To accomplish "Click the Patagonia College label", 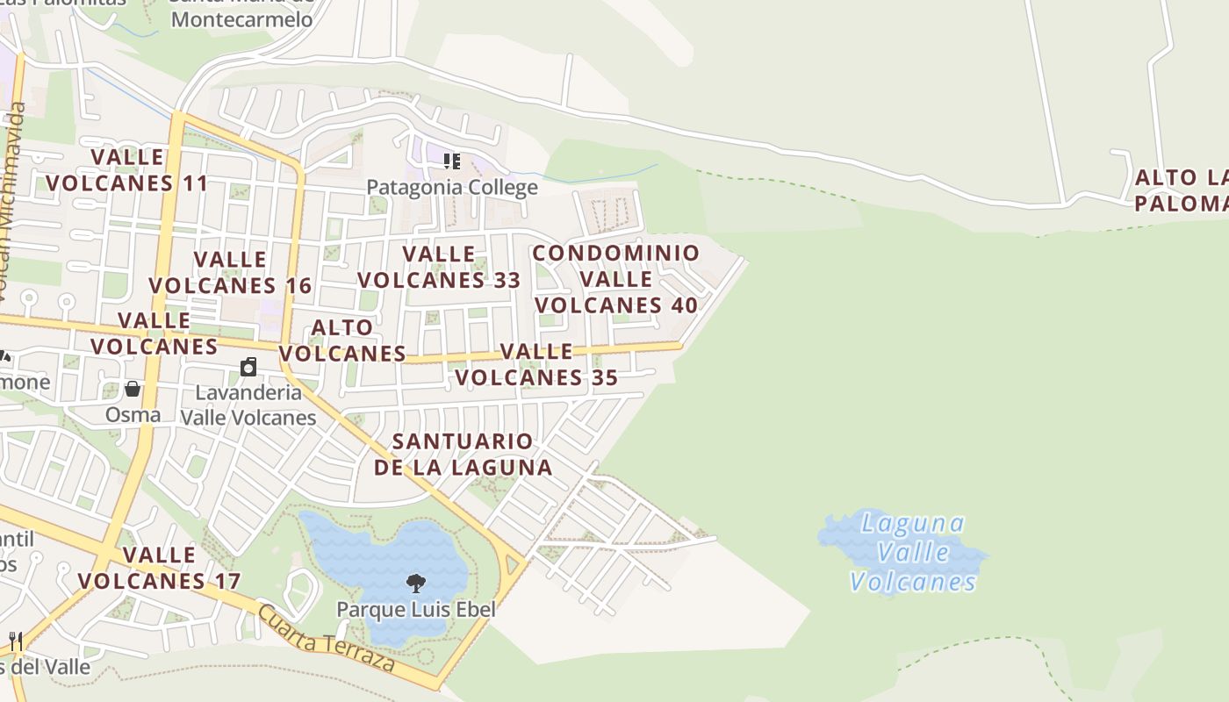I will click(451, 188).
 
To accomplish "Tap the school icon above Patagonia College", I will click(452, 161).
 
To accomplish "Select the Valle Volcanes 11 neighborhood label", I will click(127, 170).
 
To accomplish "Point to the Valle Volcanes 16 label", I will click(230, 273).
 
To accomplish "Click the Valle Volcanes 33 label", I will click(439, 267).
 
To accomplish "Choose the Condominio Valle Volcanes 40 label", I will click(616, 279).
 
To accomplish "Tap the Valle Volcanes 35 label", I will click(536, 364).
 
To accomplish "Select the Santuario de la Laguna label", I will click(463, 454).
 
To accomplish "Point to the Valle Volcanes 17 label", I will click(159, 568).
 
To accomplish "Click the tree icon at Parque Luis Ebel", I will click(416, 583).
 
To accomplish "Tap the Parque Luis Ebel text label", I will click(416, 609).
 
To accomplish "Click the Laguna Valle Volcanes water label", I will click(914, 552).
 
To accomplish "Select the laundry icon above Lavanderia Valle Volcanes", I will click(249, 367).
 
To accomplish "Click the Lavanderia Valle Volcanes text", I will click(248, 405).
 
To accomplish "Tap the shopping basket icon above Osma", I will click(133, 389).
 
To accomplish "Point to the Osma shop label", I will click(133, 414).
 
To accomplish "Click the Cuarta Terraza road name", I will click(327, 638).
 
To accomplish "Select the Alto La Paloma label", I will click(1182, 190).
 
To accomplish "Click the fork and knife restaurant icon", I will click(15, 641).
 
